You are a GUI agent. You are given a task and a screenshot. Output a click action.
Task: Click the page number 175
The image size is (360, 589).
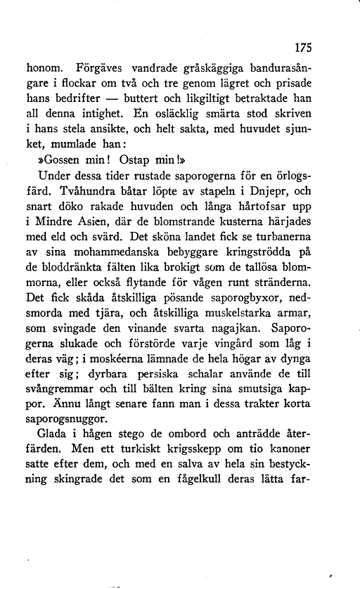pyautogui.click(x=302, y=48)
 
